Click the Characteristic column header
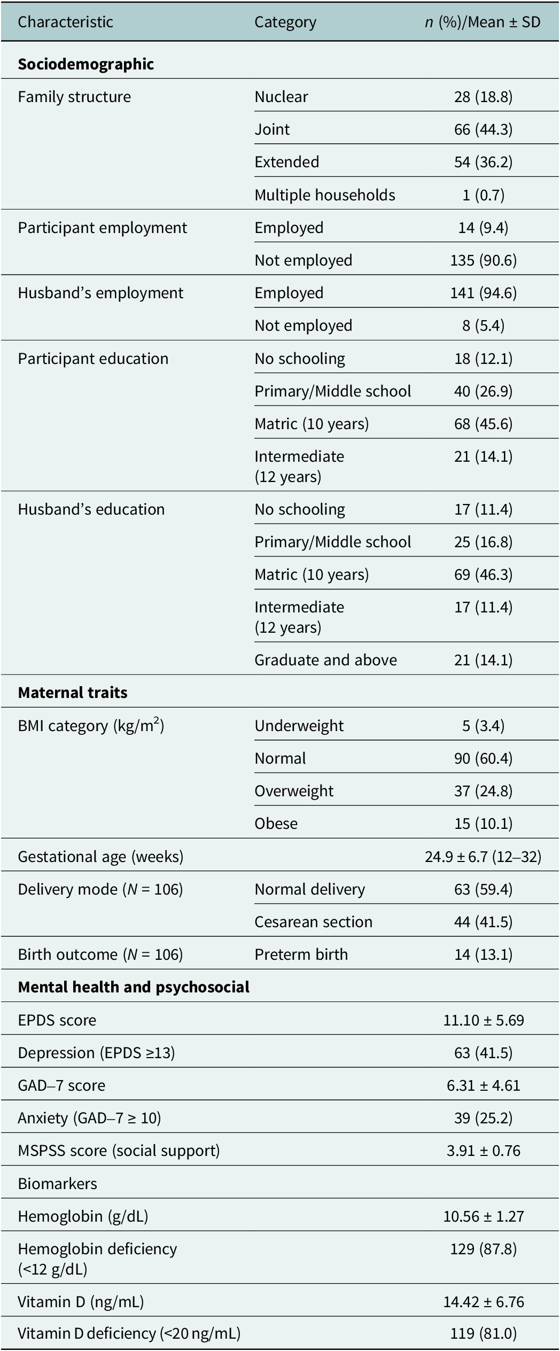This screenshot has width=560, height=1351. (65, 22)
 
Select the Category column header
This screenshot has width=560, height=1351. (285, 22)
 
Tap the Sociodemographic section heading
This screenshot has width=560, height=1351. (86, 64)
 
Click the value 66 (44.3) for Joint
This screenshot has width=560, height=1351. (483, 129)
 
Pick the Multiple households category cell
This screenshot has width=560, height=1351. (325, 195)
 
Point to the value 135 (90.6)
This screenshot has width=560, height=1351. (483, 260)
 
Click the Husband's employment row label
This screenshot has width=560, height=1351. (100, 293)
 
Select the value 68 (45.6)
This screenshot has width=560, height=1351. (483, 424)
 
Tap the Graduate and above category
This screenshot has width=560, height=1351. (325, 660)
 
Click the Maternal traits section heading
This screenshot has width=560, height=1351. (73, 693)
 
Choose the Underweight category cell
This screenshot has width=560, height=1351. (299, 726)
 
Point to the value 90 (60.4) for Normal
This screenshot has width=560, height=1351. (483, 758)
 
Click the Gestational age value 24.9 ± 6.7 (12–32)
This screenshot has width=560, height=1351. (483, 857)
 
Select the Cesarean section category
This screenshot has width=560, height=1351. (313, 922)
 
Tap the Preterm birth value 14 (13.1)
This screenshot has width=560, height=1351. (483, 954)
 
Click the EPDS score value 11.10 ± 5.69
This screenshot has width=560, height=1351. (483, 1020)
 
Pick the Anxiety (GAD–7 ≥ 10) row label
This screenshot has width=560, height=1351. (89, 1118)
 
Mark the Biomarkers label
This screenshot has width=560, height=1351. (57, 1184)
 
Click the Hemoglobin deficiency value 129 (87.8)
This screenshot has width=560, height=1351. (483, 1249)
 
